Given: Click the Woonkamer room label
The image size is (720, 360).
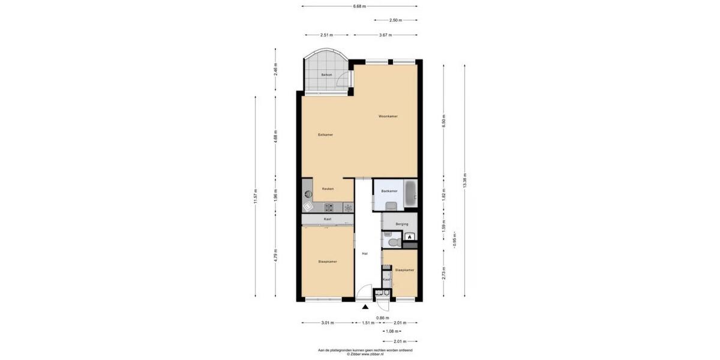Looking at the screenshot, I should [388, 116].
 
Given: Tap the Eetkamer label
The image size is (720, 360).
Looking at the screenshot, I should [325, 135].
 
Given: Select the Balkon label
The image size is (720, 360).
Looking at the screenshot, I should [326, 75].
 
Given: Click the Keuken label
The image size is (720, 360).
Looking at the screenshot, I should [328, 189].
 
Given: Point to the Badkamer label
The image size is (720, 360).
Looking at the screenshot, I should [389, 191].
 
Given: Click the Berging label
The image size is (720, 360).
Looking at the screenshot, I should [401, 224].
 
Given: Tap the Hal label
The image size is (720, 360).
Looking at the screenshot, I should [364, 254].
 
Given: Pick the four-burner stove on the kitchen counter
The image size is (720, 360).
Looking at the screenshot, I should [329, 208].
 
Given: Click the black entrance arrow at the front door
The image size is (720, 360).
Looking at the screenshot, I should [365, 308].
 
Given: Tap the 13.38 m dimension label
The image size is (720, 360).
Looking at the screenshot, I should [465, 181].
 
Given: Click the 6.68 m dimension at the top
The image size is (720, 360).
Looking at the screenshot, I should [359, 7].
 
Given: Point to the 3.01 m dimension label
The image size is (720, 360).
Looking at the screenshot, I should [327, 323].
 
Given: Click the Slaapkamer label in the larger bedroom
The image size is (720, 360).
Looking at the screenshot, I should [327, 262].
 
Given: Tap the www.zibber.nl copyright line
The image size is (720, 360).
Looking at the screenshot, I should [365, 354].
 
